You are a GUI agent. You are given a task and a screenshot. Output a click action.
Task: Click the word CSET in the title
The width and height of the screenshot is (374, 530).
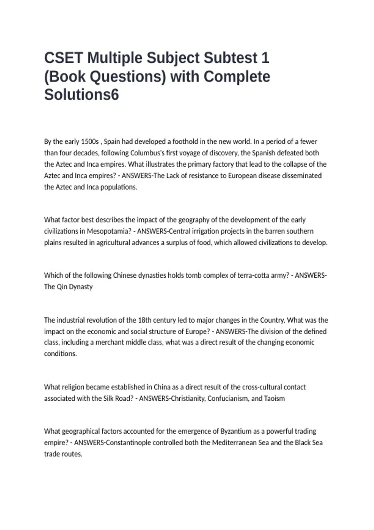(64, 58)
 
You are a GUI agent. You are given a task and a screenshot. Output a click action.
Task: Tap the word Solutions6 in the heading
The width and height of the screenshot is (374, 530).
(81, 94)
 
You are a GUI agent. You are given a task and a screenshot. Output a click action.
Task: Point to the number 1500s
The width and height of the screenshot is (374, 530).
(90, 142)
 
